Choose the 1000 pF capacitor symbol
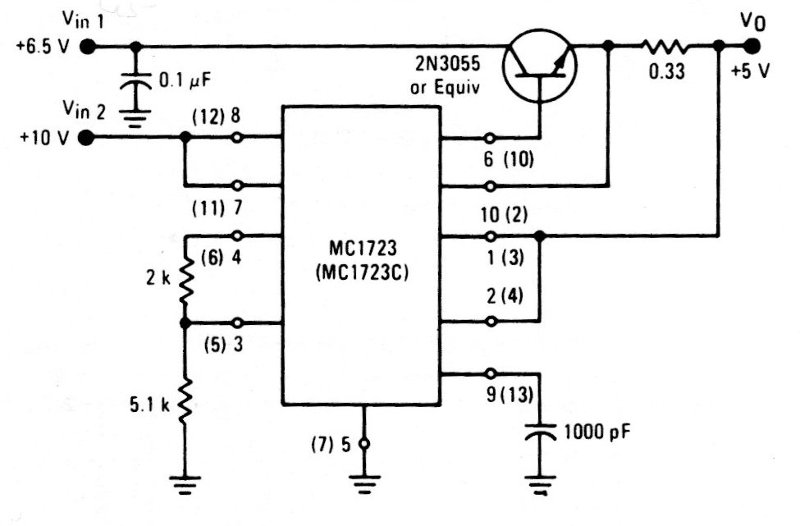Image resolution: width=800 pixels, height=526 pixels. (x=540, y=432)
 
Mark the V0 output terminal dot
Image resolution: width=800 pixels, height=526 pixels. (x=750, y=47)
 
